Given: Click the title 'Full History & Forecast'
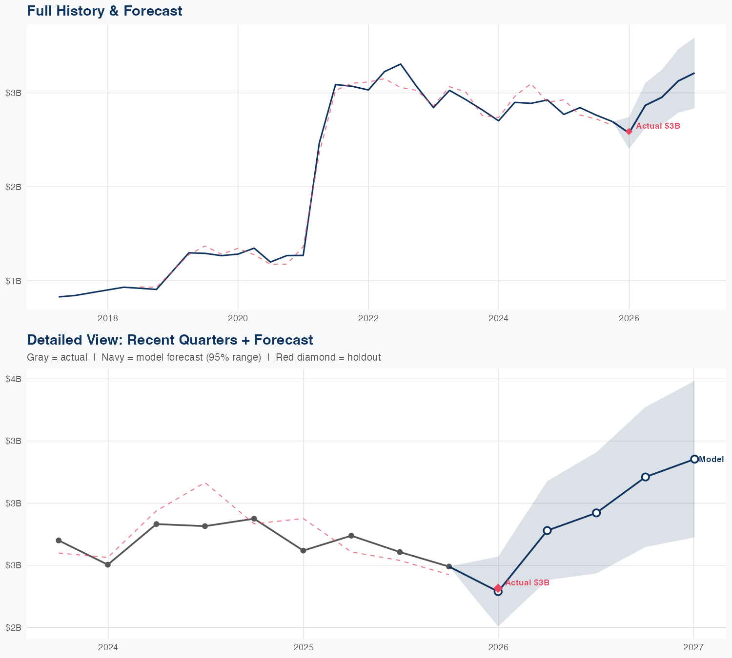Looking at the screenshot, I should click(104, 11).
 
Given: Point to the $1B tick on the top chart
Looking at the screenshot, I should click(13, 281).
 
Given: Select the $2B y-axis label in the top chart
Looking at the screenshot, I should click(13, 187).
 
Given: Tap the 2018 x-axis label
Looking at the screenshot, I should click(107, 319).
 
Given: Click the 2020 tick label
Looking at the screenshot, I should click(238, 319).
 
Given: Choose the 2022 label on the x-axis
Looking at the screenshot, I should click(368, 319).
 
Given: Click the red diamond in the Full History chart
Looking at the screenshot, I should click(629, 131).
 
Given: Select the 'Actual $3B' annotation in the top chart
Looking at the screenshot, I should click(658, 126).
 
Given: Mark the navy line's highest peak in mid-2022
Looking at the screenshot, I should click(401, 64).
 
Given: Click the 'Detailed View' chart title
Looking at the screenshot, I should click(170, 340).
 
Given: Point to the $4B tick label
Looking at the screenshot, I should click(13, 379).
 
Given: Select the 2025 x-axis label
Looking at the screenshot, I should click(303, 647).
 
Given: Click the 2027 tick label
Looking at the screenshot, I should click(693, 647).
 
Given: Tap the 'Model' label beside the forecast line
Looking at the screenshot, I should click(711, 459).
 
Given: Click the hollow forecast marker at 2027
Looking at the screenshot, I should click(694, 459).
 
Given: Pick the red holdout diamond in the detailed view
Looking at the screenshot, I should click(498, 588).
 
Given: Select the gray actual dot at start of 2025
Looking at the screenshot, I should click(303, 550).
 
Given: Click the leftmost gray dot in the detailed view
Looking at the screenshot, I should click(59, 541).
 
